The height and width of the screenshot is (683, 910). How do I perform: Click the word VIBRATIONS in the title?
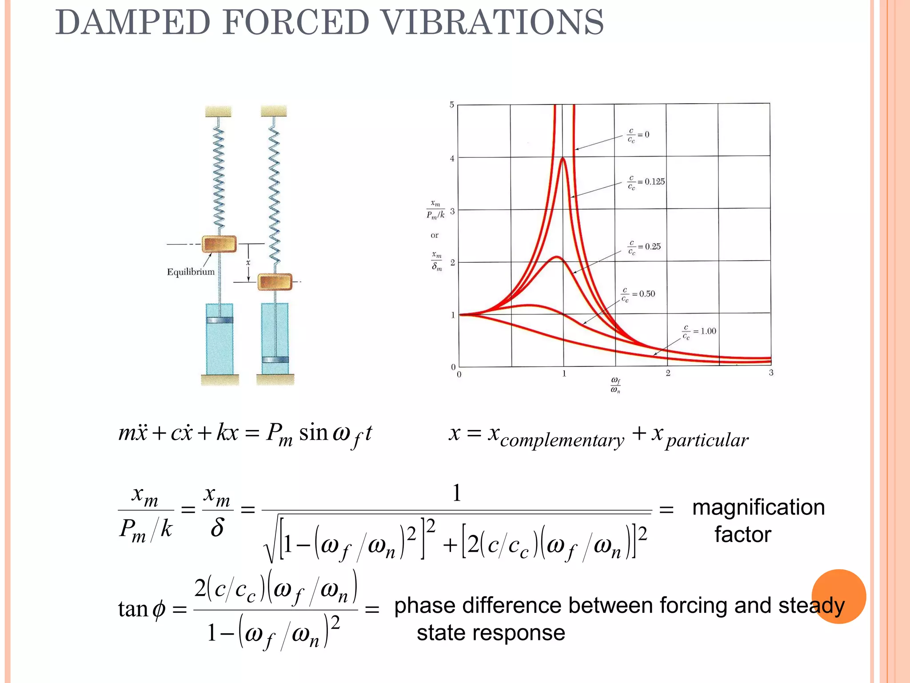point(493,22)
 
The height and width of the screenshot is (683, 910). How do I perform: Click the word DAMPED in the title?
point(132,22)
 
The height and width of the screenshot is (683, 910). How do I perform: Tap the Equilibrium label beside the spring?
point(191,272)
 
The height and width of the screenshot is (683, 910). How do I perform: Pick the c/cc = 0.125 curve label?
point(646,182)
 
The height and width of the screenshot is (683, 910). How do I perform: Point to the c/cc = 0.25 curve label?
point(644,247)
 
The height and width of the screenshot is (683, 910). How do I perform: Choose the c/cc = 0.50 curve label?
point(638,294)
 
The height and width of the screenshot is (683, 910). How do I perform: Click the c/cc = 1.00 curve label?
point(699,331)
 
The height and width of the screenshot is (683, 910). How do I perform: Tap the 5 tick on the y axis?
point(452,105)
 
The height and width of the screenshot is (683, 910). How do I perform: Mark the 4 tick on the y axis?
point(452,158)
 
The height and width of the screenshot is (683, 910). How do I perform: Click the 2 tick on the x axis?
point(668,373)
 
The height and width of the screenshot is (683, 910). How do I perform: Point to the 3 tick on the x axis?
point(771,373)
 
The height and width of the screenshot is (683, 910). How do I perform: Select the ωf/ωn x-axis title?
point(615,385)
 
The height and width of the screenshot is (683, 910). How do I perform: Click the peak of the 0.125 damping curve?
point(563,159)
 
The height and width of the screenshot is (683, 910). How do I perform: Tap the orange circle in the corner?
point(838,596)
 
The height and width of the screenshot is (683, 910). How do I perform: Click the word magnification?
point(758,507)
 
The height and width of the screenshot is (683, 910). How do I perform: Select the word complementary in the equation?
point(562,440)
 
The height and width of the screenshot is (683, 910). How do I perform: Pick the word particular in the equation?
point(707,440)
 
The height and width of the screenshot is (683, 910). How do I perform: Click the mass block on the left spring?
point(219,244)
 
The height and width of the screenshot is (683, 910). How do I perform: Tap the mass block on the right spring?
point(275,282)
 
